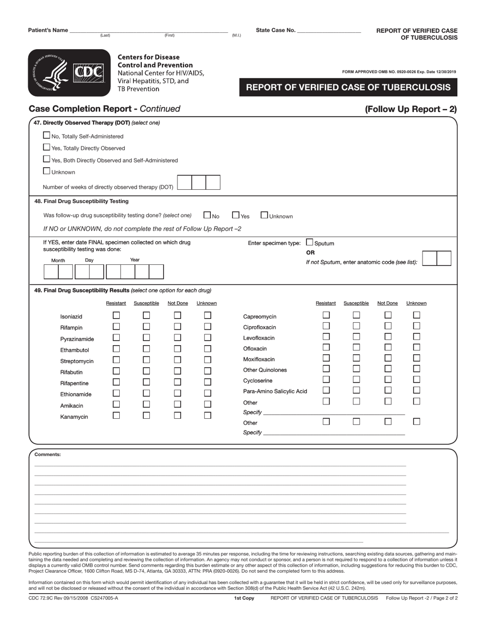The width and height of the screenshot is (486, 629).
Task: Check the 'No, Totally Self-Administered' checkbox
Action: coord(47,136)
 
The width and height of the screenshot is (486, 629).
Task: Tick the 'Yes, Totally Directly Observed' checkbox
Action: coord(47,147)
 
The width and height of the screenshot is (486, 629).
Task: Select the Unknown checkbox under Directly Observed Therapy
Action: coord(47,171)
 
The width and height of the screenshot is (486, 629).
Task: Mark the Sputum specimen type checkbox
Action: coord(310,242)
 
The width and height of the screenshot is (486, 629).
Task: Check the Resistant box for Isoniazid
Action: coord(116,316)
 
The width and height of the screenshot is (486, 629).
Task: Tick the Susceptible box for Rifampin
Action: coord(146,326)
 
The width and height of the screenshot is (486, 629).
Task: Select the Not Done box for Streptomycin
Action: coord(178,360)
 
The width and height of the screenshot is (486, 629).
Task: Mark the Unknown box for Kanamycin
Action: coord(208,415)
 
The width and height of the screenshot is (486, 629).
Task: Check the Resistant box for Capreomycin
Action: coord(326,315)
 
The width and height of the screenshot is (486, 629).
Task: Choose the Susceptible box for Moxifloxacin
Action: coord(357,358)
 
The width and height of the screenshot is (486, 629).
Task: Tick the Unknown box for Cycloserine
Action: coord(416,379)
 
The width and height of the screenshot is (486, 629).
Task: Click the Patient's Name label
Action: coord(48,30)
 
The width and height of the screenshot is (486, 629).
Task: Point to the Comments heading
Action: coord(48,454)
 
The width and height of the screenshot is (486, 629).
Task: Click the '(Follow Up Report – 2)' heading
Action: coord(411,108)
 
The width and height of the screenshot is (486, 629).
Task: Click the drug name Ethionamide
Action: coord(76,394)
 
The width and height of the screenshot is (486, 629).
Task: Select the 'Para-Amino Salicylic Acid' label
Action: coord(275,391)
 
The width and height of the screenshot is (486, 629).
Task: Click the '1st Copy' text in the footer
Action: coord(244,598)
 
